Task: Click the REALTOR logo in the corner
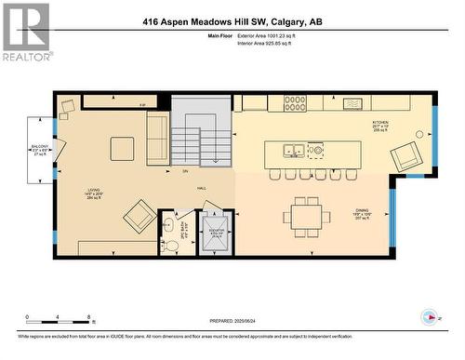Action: tap(26, 32)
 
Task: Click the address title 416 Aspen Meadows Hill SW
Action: tap(232, 22)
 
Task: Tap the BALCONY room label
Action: tap(40, 147)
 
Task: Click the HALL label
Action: tap(201, 188)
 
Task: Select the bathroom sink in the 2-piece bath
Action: tap(168, 224)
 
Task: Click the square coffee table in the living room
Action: tap(122, 148)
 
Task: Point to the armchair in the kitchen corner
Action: tap(405, 157)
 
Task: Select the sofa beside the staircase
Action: tap(158, 136)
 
